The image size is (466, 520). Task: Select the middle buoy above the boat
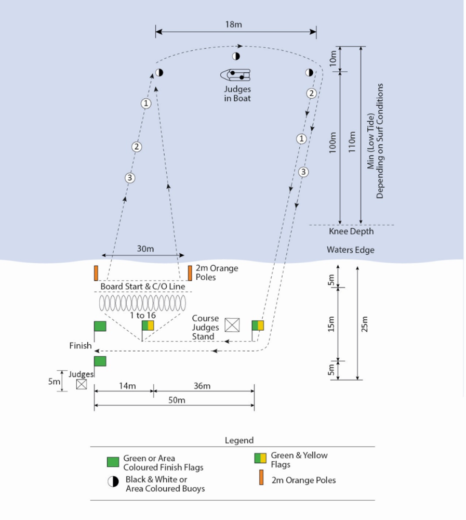pos(236,56)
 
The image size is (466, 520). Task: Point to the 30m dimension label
pos(146,249)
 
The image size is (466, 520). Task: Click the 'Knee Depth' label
pos(351,231)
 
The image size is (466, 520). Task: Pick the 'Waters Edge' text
pos(350,250)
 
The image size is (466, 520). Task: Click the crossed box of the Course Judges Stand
pos(232,325)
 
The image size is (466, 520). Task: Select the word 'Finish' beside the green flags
pos(81,346)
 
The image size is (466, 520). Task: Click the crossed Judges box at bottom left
pos(81,384)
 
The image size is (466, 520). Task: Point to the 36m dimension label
pos(202,386)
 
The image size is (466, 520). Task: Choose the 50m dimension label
pos(177,400)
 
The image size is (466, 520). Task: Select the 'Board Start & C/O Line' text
pos(142,287)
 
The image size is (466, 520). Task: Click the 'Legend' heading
pos(239,440)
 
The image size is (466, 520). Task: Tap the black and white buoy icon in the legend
pos(113,482)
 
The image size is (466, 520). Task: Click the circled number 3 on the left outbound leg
pos(130,178)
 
